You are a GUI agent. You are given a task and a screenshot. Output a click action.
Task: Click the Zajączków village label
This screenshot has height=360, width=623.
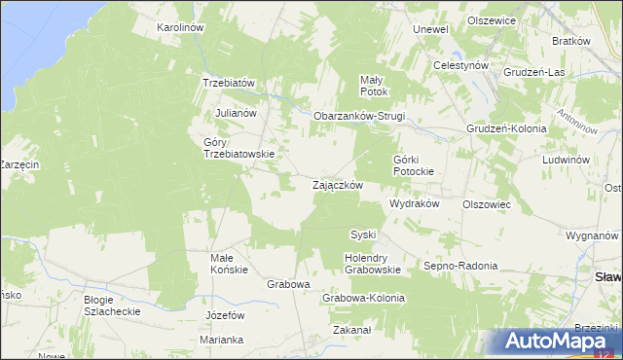point(337,185)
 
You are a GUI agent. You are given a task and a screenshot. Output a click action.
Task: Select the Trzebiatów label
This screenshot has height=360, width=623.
point(228,84)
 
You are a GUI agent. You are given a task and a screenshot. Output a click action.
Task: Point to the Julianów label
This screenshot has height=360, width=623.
point(236,113)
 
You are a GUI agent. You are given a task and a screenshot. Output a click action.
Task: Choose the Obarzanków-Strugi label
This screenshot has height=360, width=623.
point(358,117)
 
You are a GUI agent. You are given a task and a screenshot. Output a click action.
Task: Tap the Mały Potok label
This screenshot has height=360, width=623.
point(374,86)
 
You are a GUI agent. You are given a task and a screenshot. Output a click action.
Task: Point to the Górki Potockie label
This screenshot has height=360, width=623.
point(419,164)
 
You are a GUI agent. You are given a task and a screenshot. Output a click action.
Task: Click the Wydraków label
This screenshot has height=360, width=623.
point(415,205)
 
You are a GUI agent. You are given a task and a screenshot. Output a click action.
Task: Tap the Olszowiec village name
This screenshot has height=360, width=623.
point(487,205)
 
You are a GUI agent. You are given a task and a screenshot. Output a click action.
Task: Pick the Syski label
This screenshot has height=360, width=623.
point(362,235)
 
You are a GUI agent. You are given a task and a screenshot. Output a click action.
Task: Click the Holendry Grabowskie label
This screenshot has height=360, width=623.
point(373,264)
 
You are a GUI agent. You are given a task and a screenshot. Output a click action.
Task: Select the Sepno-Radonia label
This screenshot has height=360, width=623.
point(459,266)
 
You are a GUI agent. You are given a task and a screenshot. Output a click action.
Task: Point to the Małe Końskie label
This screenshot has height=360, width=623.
point(230,264)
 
